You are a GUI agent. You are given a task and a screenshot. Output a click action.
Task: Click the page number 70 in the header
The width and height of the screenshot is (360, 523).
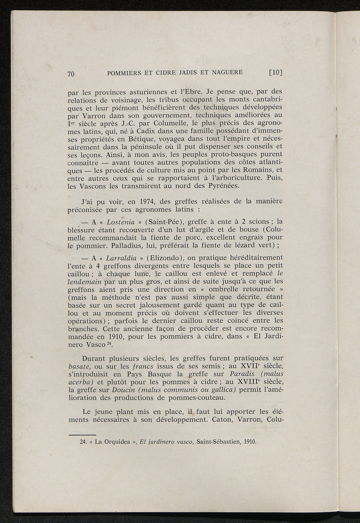pos(71,74)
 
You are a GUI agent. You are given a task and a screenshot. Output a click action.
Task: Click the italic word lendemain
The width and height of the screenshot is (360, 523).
pos(84,282)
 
